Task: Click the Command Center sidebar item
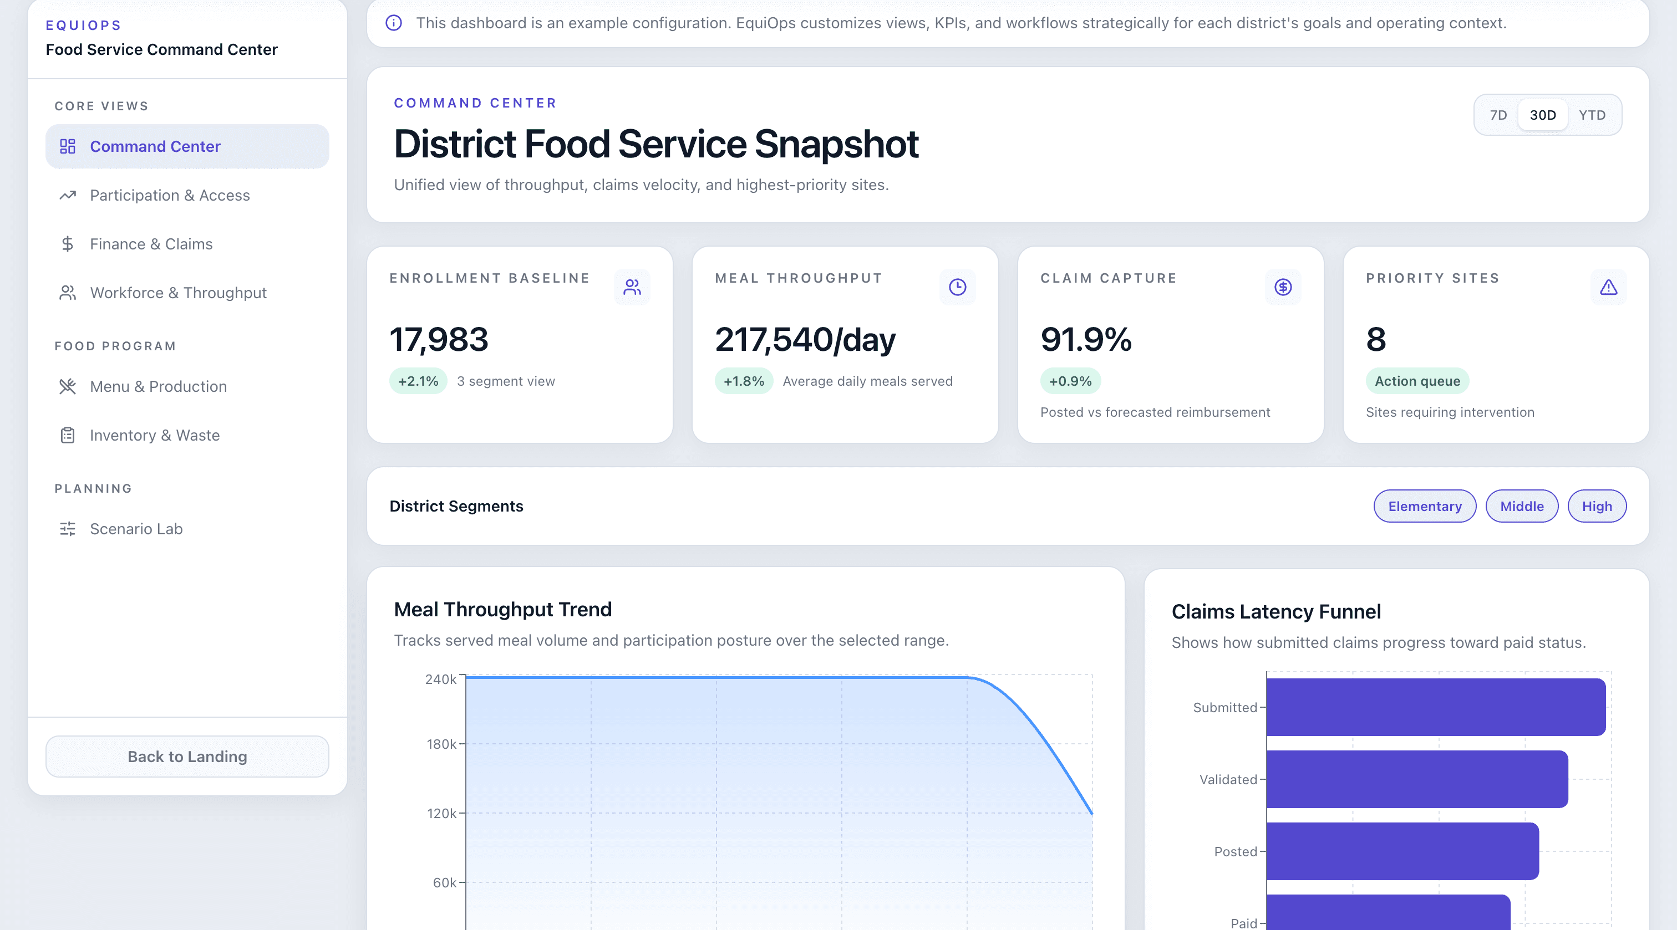coord(187,146)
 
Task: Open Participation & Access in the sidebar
coord(169,195)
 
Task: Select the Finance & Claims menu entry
coord(151,244)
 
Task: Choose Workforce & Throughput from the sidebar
coord(177,293)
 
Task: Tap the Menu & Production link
coord(158,387)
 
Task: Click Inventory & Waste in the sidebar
coord(154,436)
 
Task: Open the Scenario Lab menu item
coord(136,529)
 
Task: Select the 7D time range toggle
coord(1498,115)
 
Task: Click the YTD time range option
coord(1592,115)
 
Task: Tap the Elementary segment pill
coord(1425,507)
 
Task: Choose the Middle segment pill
coord(1521,507)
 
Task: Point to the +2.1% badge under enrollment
coord(418,381)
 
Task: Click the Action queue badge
coord(1416,381)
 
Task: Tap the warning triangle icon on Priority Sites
coord(1608,287)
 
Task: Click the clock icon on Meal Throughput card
coord(957,287)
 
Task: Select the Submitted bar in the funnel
coord(1435,707)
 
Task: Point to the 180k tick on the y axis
coord(442,744)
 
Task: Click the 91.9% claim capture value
coord(1086,340)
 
